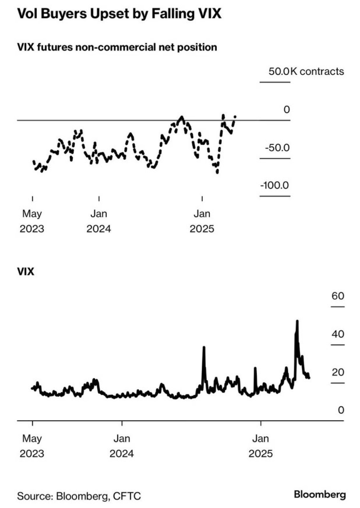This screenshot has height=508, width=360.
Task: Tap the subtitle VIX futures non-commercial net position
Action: pos(117,48)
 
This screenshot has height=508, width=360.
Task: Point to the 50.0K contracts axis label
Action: pos(306,71)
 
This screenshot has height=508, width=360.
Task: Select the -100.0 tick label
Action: pos(275,186)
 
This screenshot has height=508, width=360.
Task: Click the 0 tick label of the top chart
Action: pos(286,109)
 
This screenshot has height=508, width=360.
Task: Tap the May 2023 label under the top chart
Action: pos(32,221)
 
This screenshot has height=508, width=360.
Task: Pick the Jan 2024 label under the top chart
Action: pos(99,221)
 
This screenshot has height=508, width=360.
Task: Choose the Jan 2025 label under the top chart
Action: pos(202,221)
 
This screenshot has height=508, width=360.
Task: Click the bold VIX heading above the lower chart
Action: pos(26,272)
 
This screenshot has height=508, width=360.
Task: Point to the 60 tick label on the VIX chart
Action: pos(337,296)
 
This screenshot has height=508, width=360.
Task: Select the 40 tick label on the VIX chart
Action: pos(337,334)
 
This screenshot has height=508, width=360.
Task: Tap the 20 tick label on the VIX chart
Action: pos(337,372)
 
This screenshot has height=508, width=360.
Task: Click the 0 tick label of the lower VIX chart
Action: pos(340,410)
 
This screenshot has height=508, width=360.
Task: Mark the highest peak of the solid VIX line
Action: pos(297,321)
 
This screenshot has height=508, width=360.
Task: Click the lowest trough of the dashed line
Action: pos(217,172)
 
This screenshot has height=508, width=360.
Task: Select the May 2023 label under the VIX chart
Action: pos(32,446)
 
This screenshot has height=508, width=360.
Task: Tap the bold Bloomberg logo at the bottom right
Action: pos(319,495)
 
